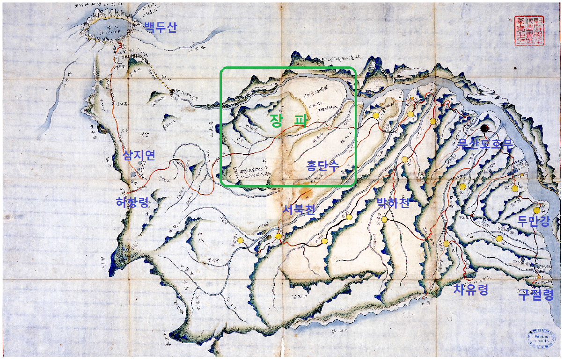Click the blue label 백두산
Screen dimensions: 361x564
point(161,27)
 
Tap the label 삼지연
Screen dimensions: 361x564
point(139,155)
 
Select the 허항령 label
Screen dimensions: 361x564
point(132,202)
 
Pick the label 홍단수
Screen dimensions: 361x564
point(322,166)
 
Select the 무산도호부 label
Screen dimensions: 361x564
point(485,144)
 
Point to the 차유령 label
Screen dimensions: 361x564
point(470,290)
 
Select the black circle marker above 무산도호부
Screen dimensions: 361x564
point(484,128)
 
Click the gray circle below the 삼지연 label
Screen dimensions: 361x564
point(134,174)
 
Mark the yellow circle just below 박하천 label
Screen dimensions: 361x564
point(384,219)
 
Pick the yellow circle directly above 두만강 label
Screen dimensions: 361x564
point(537,210)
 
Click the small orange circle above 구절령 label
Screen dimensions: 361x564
point(538,277)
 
